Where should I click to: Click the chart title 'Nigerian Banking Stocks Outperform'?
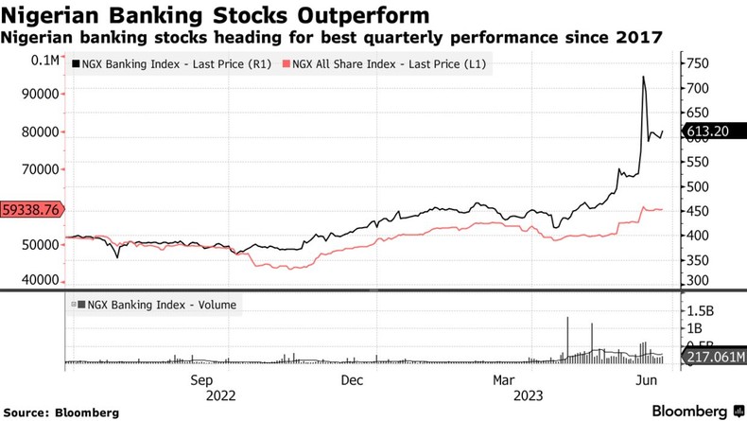click(218, 15)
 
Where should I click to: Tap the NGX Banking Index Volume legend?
click(157, 305)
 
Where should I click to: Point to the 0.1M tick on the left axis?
click(43, 60)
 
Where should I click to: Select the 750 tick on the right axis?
click(698, 63)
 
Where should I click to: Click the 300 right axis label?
click(697, 281)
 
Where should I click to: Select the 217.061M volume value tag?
click(709, 358)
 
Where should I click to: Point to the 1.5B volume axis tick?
click(701, 310)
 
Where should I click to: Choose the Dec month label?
click(351, 380)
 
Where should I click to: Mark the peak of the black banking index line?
click(644, 77)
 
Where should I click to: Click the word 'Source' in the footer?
click(30, 412)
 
